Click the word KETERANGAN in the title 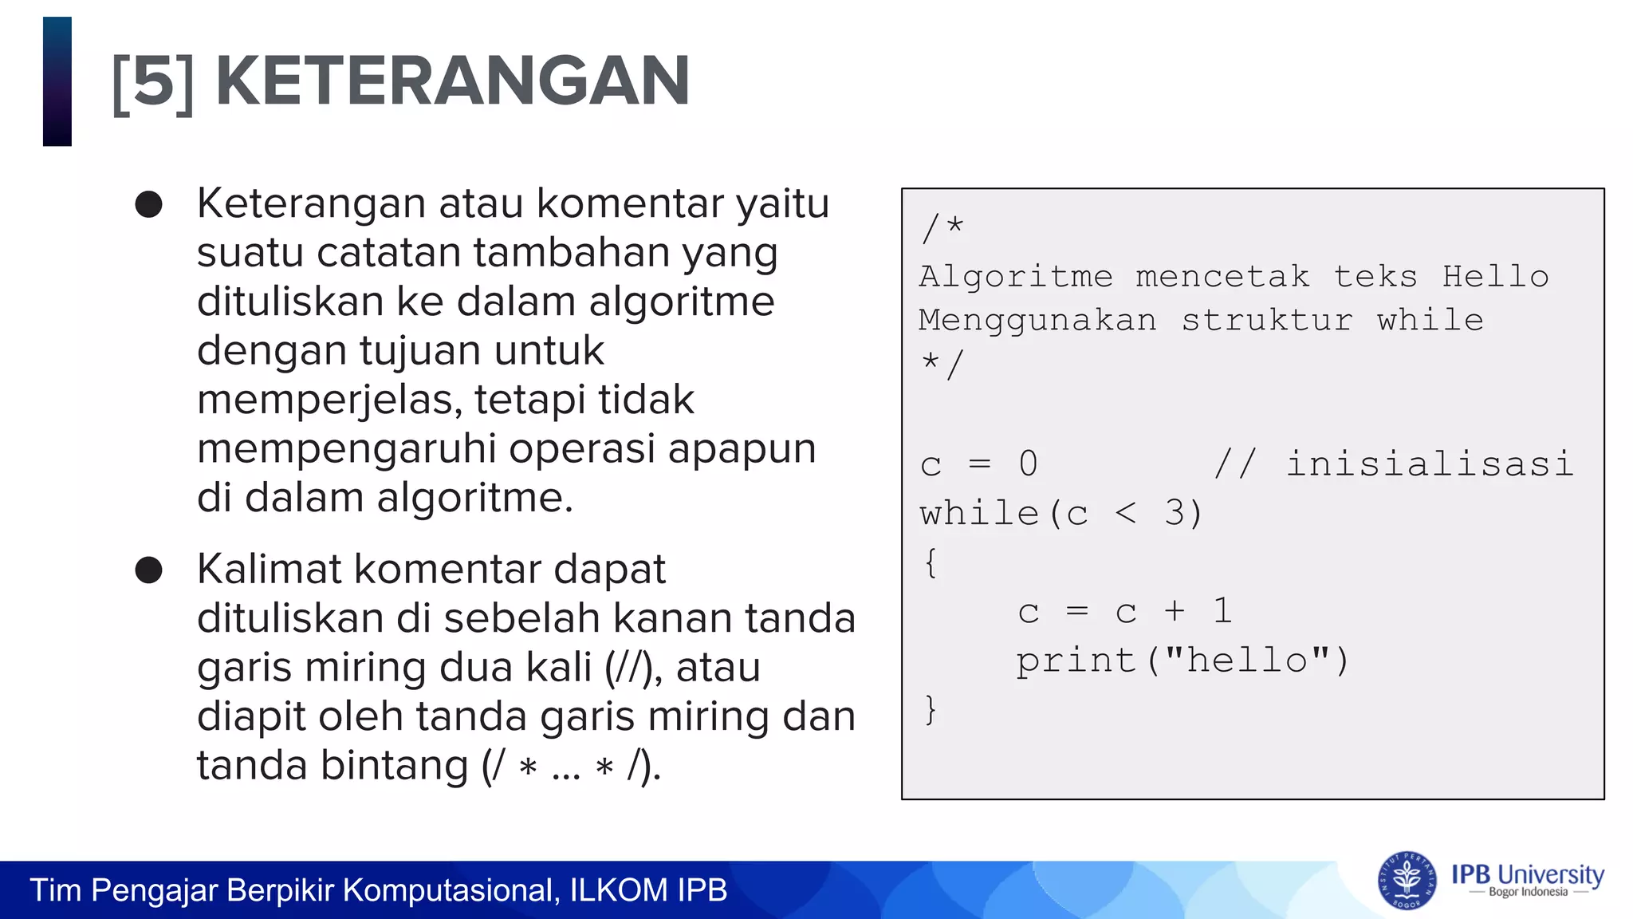[x=452, y=81]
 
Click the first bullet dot [x=149, y=205]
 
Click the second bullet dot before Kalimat [x=149, y=570]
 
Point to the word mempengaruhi [x=347, y=449]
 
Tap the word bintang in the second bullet [x=394, y=766]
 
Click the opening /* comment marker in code [x=942, y=229]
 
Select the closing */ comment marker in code [x=942, y=365]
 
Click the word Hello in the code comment [x=1495, y=277]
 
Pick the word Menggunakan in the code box [x=1037, y=321]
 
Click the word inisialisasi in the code [x=1430, y=464]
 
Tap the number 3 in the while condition [x=1174, y=514]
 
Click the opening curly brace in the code [x=931, y=563]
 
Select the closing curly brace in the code [x=931, y=709]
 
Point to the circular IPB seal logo [x=1407, y=881]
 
